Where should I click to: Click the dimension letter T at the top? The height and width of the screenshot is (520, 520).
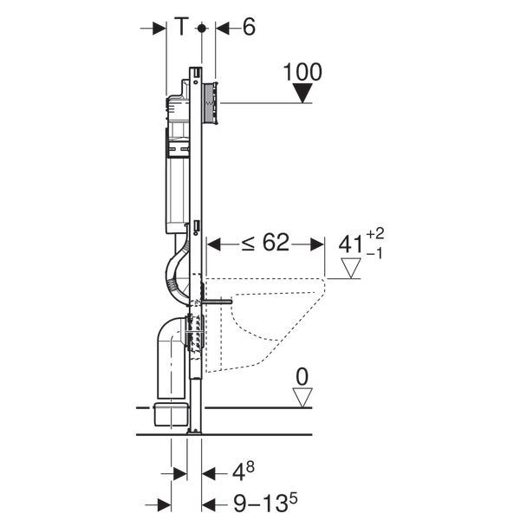click(x=181, y=28)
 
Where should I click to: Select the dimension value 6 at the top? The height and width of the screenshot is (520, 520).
click(x=249, y=28)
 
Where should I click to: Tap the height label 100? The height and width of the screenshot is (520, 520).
click(x=302, y=72)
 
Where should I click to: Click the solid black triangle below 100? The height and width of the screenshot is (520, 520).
click(x=302, y=94)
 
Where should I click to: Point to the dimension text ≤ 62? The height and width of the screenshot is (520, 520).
click(x=264, y=244)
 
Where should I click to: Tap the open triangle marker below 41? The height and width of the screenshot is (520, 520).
click(x=350, y=270)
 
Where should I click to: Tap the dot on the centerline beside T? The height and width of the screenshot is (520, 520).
click(x=201, y=28)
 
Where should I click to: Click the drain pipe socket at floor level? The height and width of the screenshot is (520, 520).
click(x=170, y=414)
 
